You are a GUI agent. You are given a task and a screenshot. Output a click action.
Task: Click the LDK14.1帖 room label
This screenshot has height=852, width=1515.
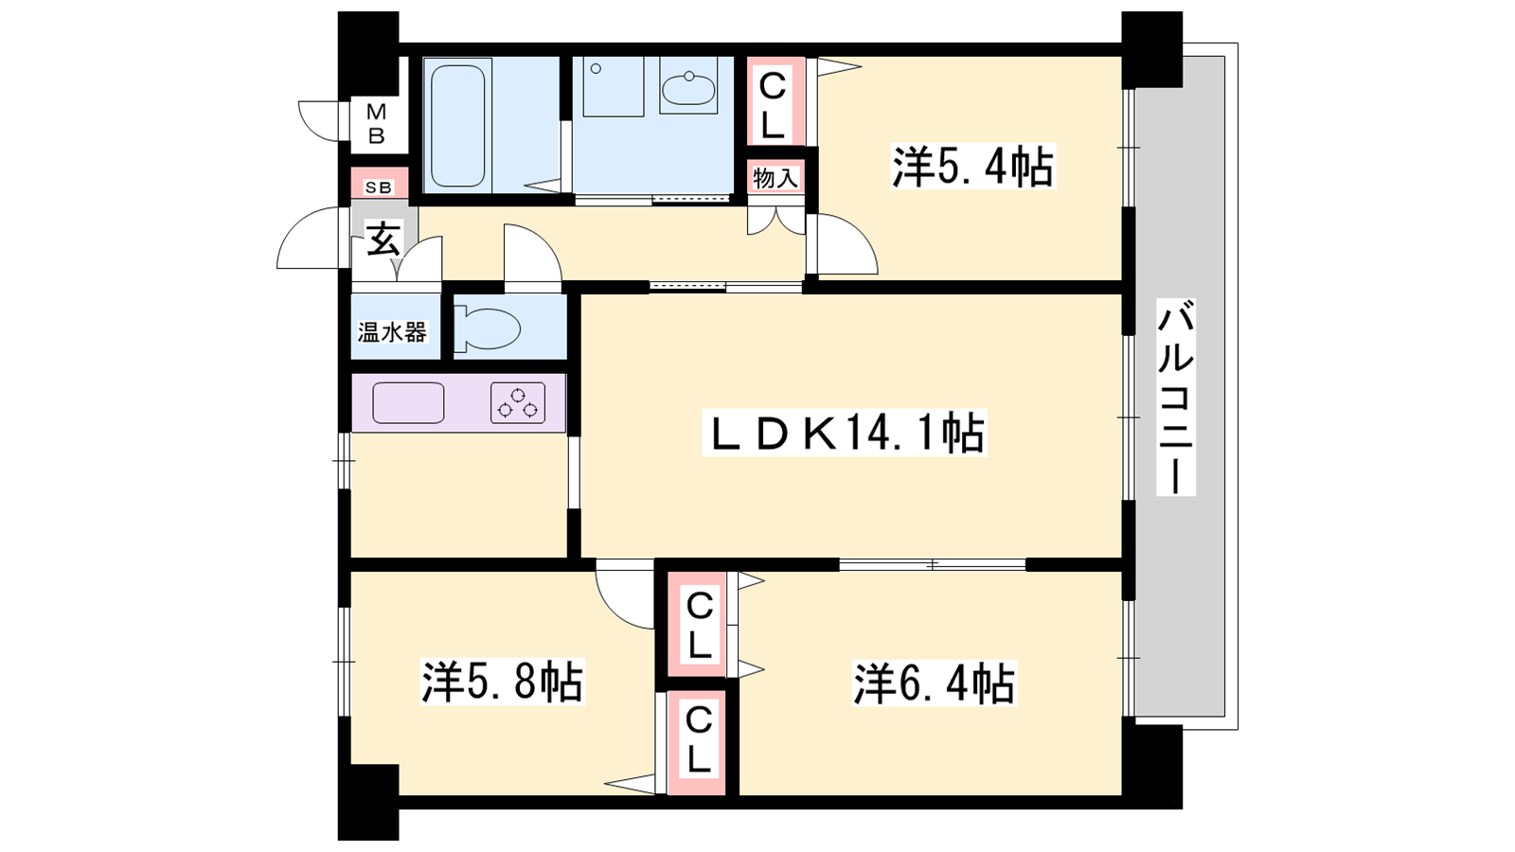(844, 432)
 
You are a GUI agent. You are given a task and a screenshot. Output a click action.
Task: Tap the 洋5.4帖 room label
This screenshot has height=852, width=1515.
(972, 167)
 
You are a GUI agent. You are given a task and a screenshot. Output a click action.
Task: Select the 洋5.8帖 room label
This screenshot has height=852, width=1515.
(502, 682)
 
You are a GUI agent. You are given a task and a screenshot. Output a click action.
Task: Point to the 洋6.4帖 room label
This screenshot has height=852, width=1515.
(934, 683)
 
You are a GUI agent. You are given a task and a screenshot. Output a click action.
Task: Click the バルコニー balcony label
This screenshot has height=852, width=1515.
(1175, 397)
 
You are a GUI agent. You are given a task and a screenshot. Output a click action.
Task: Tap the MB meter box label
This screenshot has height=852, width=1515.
(376, 123)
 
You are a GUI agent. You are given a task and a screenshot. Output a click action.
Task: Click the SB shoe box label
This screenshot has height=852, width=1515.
(378, 187)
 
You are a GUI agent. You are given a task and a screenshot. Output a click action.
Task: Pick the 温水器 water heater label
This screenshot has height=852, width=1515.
(392, 332)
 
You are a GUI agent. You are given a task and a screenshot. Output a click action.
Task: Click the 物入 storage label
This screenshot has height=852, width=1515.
(775, 179)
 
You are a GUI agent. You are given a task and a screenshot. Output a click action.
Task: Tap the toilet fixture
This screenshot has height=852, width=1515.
(487, 330)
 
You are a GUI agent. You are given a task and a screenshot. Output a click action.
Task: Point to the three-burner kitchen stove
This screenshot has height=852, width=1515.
(518, 403)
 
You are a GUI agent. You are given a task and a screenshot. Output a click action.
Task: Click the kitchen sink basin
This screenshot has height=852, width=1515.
(408, 403)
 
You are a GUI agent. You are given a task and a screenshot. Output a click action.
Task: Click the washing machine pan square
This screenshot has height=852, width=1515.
(613, 86)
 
